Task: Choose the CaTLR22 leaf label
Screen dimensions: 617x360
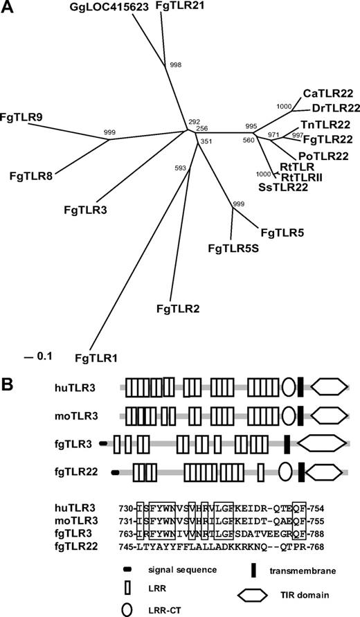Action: (x=329, y=93)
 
